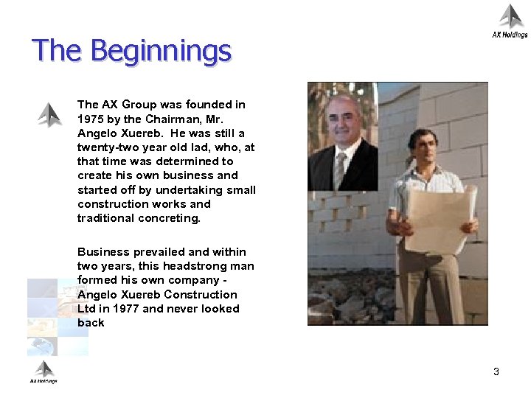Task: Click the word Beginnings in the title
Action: (x=161, y=52)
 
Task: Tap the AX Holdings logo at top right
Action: (x=510, y=21)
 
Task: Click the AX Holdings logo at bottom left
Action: (x=44, y=372)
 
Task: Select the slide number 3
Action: (x=496, y=371)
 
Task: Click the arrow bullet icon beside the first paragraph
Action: (x=49, y=114)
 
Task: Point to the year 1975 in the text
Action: (x=91, y=119)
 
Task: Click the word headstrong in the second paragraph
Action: (x=196, y=266)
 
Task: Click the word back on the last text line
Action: (x=91, y=323)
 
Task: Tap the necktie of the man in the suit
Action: (x=340, y=170)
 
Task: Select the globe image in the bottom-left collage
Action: (x=42, y=345)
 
